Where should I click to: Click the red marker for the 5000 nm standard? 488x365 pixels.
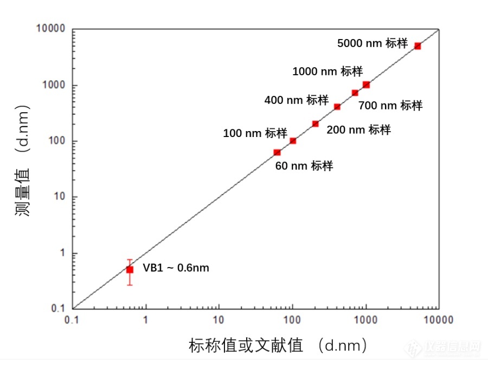pos(418,46)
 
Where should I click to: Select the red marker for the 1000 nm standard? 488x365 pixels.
pos(366,84)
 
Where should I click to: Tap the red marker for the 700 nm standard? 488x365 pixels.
pos(355,93)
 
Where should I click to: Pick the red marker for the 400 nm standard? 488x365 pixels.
pos(337,107)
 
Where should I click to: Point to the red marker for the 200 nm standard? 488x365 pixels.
pos(316,123)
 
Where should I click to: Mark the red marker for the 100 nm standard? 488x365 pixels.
pos(293,141)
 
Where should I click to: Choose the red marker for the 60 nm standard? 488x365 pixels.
pos(277,153)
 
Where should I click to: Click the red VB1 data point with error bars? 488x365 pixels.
pos(130,269)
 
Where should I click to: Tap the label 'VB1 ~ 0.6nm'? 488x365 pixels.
pos(176,268)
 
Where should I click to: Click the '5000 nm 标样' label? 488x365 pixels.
pos(372,43)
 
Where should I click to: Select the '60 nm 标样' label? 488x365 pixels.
pos(304,166)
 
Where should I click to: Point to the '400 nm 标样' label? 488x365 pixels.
pos(296,100)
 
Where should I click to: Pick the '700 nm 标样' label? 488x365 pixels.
pos(390,106)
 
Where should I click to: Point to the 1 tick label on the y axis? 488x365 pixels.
pos(61,253)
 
